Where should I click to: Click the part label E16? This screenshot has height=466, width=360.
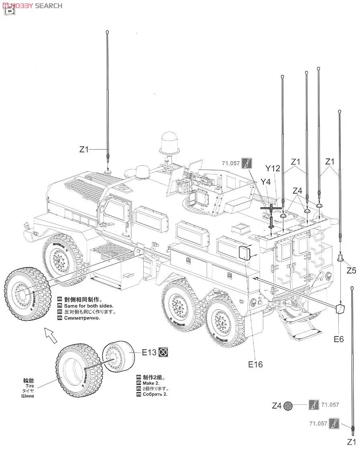tap(255, 364)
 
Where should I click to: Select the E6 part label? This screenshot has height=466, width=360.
tap(339, 339)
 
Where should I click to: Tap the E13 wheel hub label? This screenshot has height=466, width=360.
tap(149, 353)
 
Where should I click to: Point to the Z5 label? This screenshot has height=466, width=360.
tap(351, 270)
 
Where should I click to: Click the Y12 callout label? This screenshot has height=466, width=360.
tap(273, 168)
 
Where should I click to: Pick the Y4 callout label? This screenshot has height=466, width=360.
tap(265, 182)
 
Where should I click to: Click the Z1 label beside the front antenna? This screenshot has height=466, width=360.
tap(83, 149)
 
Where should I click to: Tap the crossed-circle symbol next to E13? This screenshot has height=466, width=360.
tap(163, 352)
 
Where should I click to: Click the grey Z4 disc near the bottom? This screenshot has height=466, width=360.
tap(287, 406)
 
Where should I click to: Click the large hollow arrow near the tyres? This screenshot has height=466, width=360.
tap(51, 333)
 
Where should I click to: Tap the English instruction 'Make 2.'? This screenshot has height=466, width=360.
tap(151, 383)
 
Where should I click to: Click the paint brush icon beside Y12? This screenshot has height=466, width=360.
tap(248, 163)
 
